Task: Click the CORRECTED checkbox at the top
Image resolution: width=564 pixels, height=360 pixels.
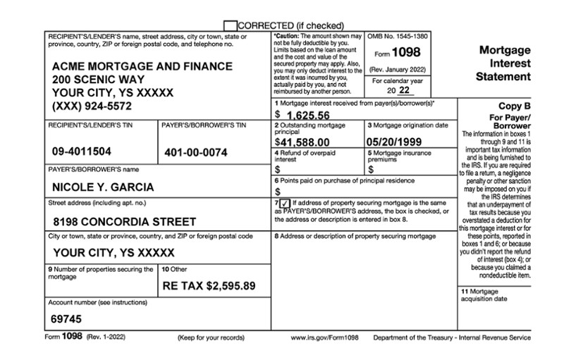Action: (230, 25)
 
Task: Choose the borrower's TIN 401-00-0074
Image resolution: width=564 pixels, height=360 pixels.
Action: (196, 152)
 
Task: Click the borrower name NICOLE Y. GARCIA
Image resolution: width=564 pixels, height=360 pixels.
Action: (103, 187)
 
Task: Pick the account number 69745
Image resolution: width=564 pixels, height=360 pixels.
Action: (66, 318)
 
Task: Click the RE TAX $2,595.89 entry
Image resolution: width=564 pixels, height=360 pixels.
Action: (209, 286)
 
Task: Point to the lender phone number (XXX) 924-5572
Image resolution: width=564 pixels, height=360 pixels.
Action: (102, 106)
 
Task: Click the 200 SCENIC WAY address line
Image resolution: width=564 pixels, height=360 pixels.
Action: (99, 80)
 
